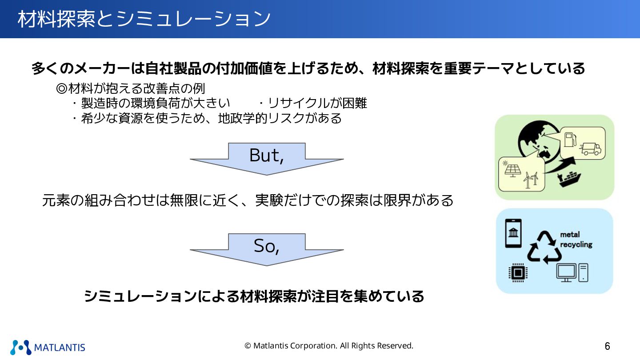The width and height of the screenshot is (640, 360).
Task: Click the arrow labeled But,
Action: pyautogui.click(x=267, y=158)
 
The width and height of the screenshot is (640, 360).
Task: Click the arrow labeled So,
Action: pyautogui.click(x=267, y=249)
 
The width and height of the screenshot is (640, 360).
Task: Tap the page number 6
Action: pyautogui.click(x=607, y=346)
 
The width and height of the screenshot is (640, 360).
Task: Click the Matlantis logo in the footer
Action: pyautogui.click(x=48, y=347)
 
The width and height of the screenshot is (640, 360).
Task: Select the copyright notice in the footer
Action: pyautogui.click(x=329, y=346)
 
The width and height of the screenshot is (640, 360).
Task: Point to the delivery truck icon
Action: pyautogui.click(x=591, y=149)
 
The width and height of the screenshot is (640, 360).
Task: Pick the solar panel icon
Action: pyautogui.click(x=512, y=170)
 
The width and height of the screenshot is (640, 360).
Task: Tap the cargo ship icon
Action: pyautogui.click(x=569, y=178)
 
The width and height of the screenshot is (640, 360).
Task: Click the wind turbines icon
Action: pyautogui.click(x=531, y=179)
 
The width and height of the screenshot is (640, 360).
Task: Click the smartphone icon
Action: pyautogui.click(x=513, y=233)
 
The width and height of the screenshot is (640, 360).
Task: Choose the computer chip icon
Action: pyautogui.click(x=517, y=272)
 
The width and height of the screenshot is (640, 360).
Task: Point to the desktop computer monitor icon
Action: pyautogui.click(x=566, y=272)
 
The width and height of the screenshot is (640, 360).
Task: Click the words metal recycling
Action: pyautogui.click(x=576, y=240)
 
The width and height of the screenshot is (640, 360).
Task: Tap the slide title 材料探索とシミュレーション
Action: pyautogui.click(x=144, y=19)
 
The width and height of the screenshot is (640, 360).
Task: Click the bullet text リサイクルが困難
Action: pyautogui.click(x=317, y=103)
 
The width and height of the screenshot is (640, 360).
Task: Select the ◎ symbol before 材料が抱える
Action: pyautogui.click(x=61, y=88)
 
